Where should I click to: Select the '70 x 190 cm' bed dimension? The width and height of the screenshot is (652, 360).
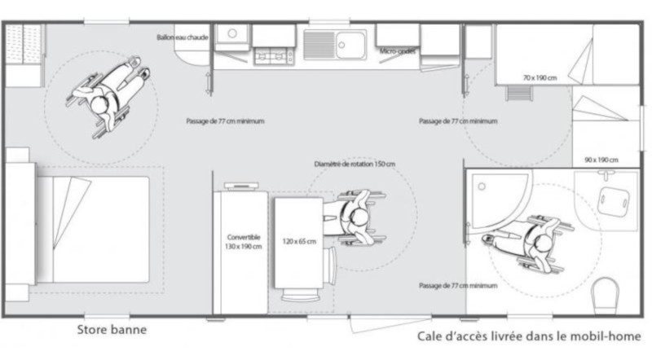pos(540,77)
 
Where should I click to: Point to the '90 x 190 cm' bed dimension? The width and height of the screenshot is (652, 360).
pos(601,159)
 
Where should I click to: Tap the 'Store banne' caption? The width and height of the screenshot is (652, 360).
pos(112,331)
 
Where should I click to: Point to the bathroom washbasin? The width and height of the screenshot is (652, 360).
pos(615,198)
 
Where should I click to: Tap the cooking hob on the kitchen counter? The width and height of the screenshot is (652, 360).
pos(274,55)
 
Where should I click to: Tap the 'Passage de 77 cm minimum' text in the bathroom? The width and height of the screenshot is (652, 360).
pos(457,286)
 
